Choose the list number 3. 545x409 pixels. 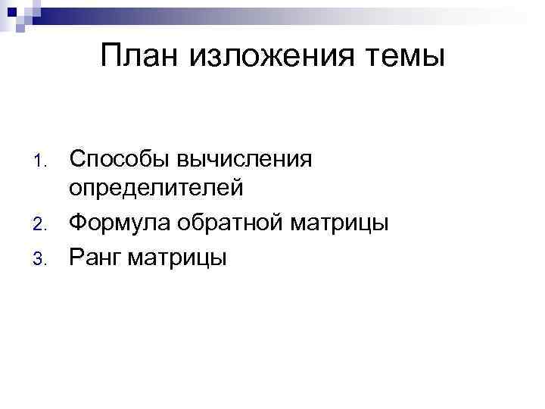(x=44, y=259)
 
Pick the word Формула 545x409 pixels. (x=119, y=223)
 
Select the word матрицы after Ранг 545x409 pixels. (x=176, y=258)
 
